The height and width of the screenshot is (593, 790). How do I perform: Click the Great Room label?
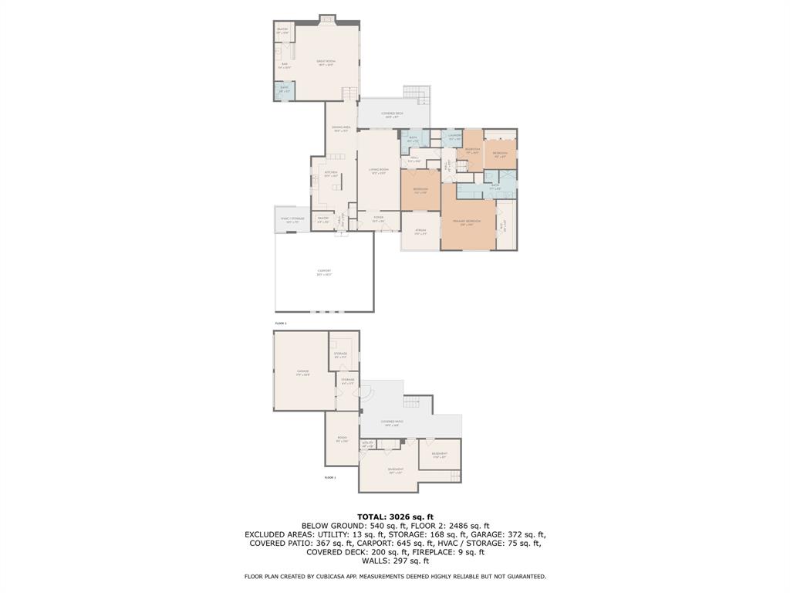tap(326, 63)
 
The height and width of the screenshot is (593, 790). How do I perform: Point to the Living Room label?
tap(378, 171)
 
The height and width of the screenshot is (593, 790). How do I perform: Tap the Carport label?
tap(324, 272)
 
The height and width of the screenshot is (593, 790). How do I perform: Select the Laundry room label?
tap(454, 137)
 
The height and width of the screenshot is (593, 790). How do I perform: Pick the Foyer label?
tap(378, 219)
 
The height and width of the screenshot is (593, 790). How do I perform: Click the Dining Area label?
tap(341, 128)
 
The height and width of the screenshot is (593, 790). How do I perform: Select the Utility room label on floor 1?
tap(368, 444)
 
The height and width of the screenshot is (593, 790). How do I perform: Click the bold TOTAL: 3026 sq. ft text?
tap(395, 517)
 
